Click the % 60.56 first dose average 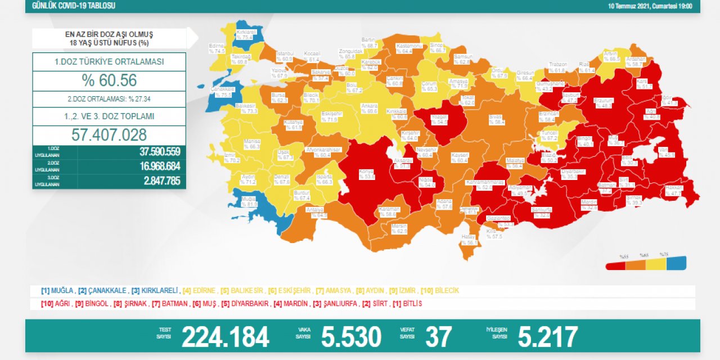(109, 81)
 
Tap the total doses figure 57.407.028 (109, 135)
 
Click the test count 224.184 (225, 337)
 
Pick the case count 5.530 (351, 337)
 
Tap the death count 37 (439, 337)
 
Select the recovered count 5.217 (547, 337)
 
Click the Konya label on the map (367, 173)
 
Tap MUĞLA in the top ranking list (62, 291)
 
